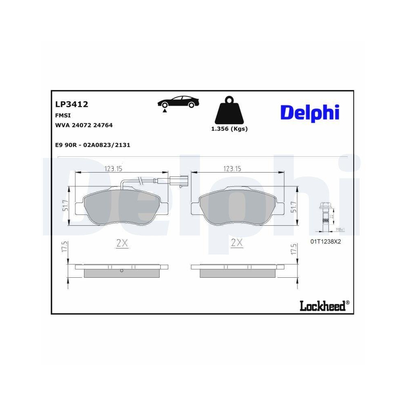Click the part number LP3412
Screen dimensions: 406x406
[x=71, y=105]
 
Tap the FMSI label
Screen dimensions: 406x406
[x=63, y=115]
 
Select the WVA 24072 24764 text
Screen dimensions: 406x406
[x=84, y=125]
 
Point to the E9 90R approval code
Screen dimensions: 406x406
[x=93, y=145]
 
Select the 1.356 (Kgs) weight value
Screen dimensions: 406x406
[x=229, y=129]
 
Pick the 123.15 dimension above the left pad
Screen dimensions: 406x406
[x=113, y=169]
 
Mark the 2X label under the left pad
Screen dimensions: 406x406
[x=122, y=244]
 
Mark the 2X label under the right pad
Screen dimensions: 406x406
[x=237, y=244]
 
